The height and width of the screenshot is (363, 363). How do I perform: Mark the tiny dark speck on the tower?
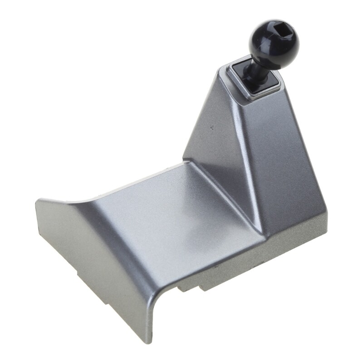coord(211,128)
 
